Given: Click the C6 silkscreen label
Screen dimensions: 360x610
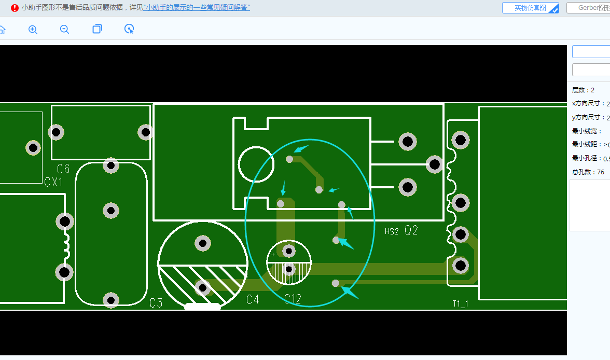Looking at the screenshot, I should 63,169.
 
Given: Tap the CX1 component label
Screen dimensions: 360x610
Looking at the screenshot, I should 53,182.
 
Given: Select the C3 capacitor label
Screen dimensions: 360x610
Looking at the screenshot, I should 156,303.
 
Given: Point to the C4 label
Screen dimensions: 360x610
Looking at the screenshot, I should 253,299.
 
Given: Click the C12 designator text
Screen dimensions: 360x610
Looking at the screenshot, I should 293,299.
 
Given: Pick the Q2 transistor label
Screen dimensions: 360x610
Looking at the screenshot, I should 411,231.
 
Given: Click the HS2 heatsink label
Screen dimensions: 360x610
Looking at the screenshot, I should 392,232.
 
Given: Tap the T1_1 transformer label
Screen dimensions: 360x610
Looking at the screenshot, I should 460,304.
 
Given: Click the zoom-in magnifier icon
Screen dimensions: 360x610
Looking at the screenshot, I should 33,30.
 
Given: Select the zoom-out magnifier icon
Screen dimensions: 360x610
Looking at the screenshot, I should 64,30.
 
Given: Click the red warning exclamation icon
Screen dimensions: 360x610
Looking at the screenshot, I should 15,8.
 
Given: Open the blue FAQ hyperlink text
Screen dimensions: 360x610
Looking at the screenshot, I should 197,8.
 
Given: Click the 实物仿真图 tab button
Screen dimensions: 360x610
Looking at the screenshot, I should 530,8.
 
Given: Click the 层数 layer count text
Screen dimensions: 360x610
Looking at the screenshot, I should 583,90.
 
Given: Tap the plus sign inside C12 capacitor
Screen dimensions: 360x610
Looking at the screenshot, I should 273,255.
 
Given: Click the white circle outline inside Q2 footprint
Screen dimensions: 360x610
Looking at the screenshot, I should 256,164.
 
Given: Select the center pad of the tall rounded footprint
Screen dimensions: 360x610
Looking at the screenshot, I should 111,211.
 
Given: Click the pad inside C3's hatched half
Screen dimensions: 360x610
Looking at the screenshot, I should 202,287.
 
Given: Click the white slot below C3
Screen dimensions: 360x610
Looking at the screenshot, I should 202,307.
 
